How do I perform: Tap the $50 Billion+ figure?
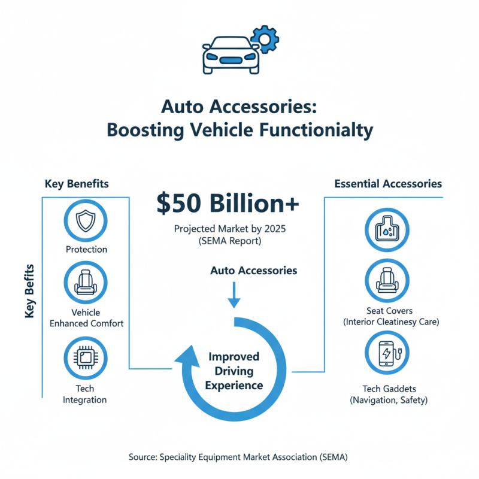pyautogui.click(x=228, y=204)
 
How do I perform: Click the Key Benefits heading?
pyautogui.click(x=77, y=184)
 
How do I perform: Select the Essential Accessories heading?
pyautogui.click(x=388, y=184)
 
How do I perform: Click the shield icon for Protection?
pyautogui.click(x=86, y=221)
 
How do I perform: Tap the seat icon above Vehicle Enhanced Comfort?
pyautogui.click(x=86, y=283)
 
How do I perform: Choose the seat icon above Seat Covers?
pyautogui.click(x=387, y=282)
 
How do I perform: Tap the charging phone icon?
pyautogui.click(x=387, y=353)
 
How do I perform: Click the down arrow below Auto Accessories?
pyautogui.click(x=234, y=295)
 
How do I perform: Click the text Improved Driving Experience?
pyautogui.click(x=234, y=371)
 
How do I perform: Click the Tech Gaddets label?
pyautogui.click(x=387, y=389)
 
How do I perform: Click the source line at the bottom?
pyautogui.click(x=238, y=457)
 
